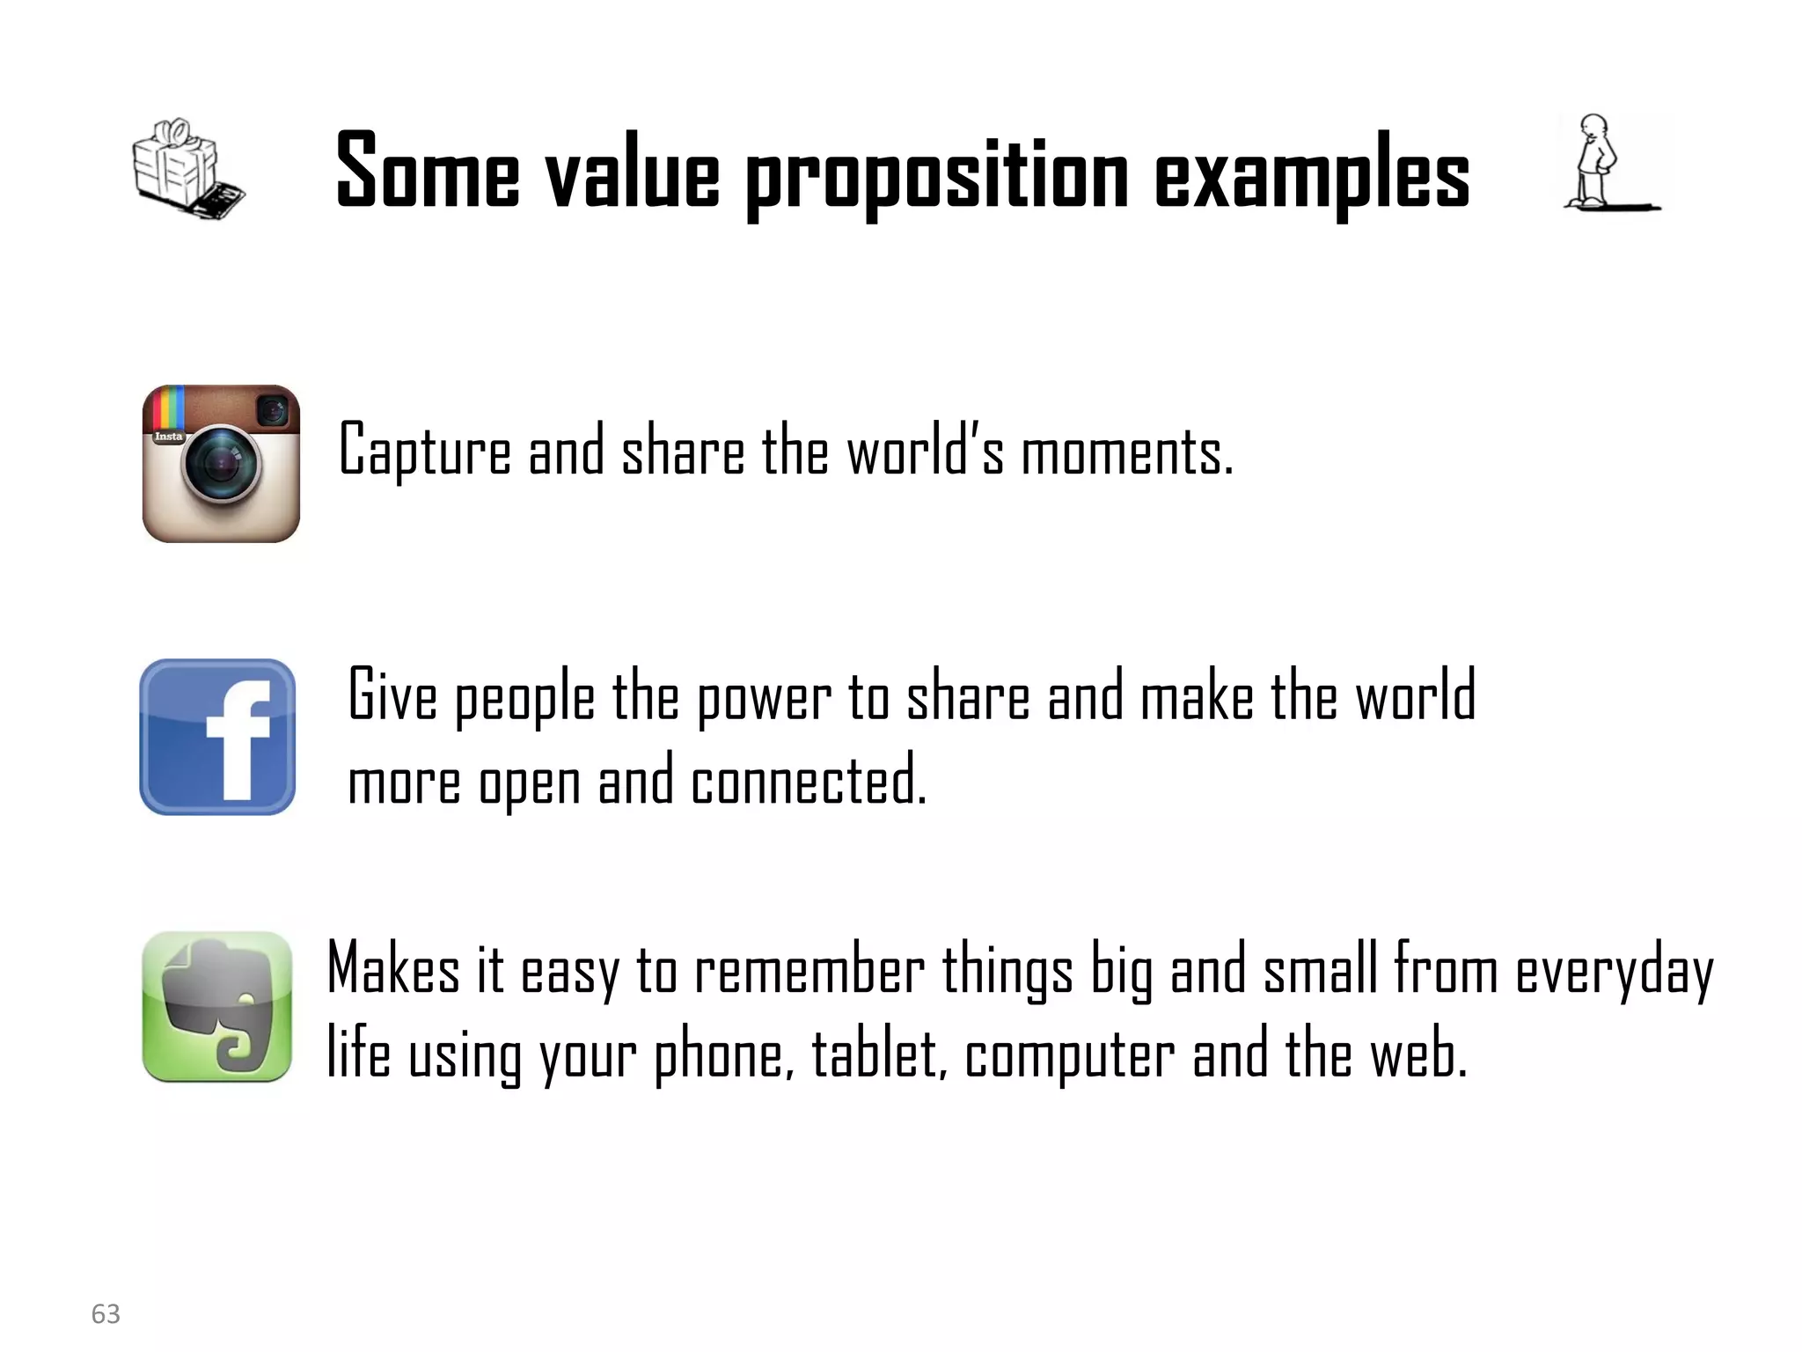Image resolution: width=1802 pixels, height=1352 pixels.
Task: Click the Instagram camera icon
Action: (x=221, y=464)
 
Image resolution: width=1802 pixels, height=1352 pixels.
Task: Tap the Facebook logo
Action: (x=217, y=737)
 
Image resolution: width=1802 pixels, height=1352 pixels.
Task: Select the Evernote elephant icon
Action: (x=216, y=1007)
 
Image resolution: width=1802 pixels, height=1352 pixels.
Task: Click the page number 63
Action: (x=106, y=1313)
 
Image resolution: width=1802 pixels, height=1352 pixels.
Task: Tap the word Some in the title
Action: (x=428, y=171)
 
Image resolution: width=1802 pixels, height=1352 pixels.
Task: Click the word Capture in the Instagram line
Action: (x=425, y=451)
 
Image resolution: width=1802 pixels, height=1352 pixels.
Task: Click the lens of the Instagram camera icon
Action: (x=222, y=463)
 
